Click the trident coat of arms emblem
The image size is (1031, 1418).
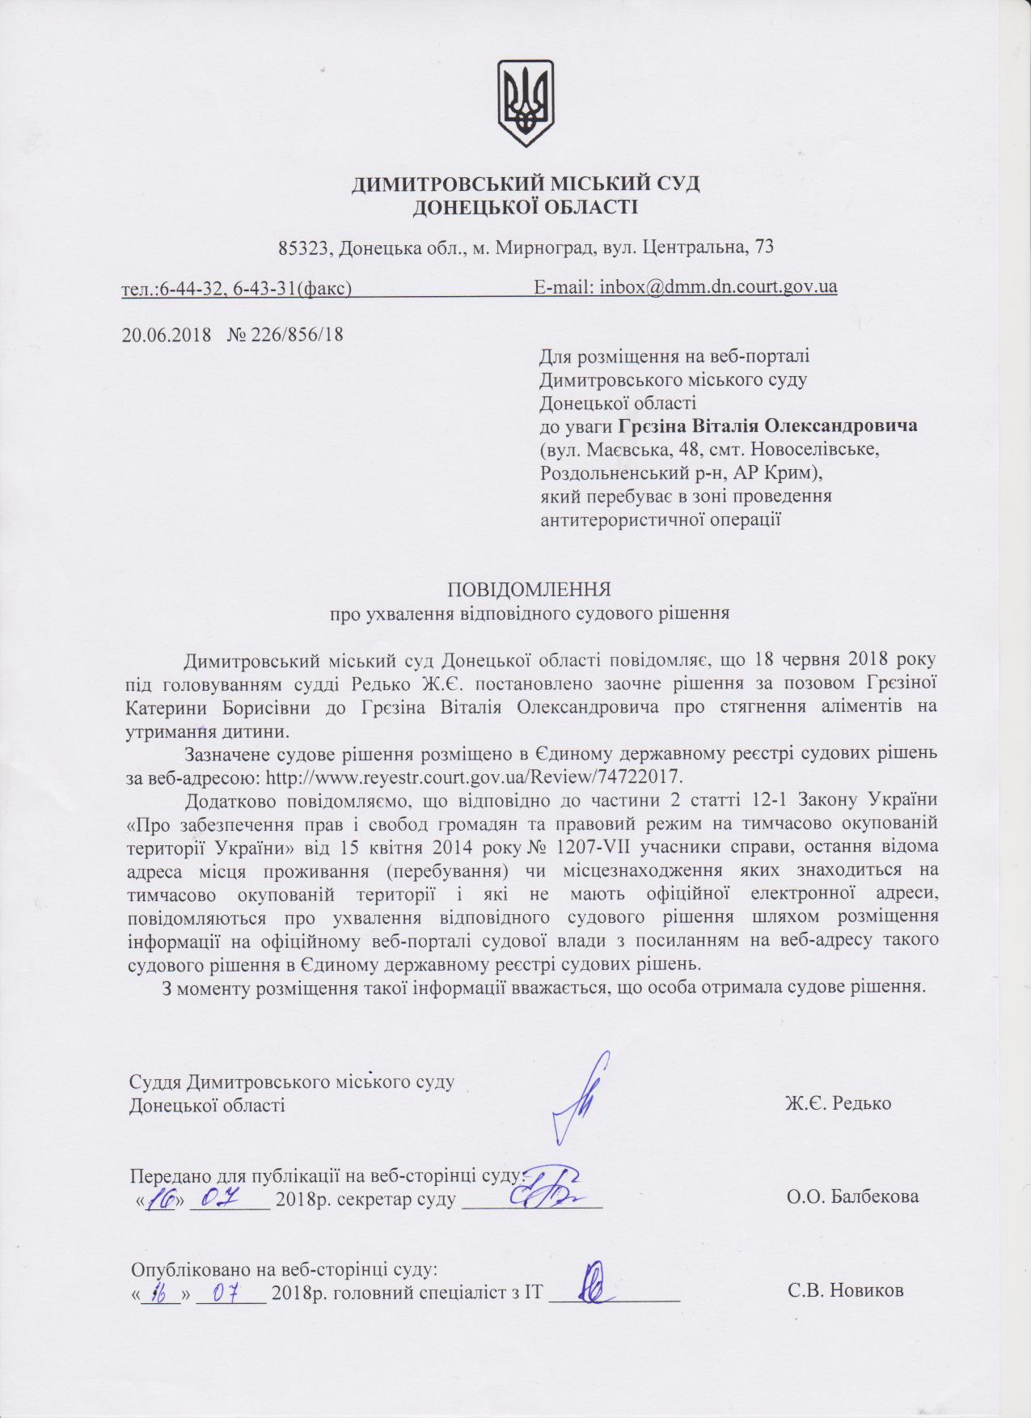pos(525,103)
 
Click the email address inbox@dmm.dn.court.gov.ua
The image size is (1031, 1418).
pos(717,286)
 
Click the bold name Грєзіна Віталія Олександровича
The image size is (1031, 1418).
pos(768,425)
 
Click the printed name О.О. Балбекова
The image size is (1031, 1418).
pos(852,1196)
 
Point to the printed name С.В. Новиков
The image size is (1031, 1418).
pos(845,1290)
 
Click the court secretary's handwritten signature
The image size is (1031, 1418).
pos(550,1187)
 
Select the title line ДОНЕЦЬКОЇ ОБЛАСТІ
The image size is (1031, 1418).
pos(525,208)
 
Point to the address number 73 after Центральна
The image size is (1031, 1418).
pos(763,248)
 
